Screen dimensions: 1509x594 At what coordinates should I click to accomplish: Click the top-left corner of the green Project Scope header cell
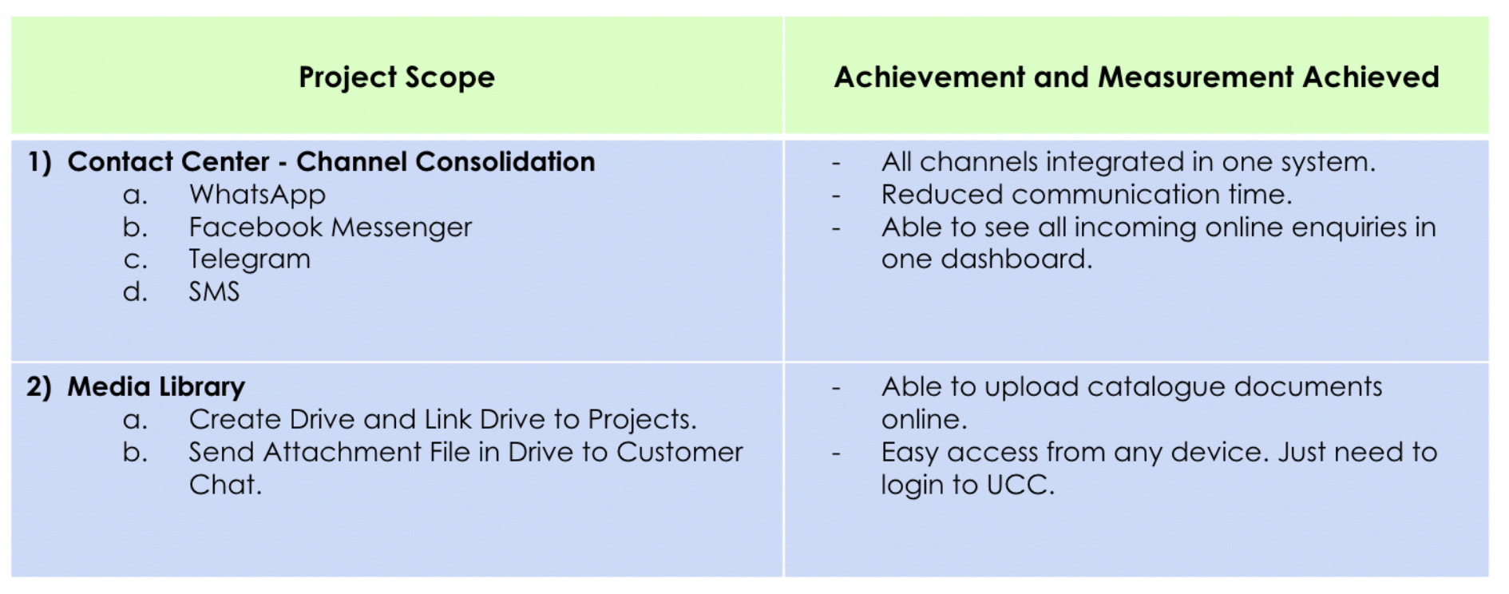click(11, 18)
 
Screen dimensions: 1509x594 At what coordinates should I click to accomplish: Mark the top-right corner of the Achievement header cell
click(1488, 18)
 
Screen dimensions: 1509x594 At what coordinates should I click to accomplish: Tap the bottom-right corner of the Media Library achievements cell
click(1488, 576)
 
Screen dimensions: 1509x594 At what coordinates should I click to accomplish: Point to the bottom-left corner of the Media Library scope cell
click(11, 576)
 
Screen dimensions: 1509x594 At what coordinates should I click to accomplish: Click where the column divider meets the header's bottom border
click(784, 137)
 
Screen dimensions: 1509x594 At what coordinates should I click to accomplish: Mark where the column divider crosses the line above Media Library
click(784, 362)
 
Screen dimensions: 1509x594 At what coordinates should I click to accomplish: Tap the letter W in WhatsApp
click(202, 194)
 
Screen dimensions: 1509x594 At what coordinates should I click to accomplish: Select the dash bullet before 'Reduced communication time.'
click(836, 195)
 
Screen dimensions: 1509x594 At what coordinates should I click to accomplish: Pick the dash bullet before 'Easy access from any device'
click(836, 453)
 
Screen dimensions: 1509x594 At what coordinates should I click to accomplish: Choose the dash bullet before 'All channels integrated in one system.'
click(836, 163)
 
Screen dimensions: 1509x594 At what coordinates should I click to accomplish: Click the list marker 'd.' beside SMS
click(135, 291)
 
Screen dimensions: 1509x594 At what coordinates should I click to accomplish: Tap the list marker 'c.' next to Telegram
click(135, 260)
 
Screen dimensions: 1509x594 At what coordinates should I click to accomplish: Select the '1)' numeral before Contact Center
click(39, 162)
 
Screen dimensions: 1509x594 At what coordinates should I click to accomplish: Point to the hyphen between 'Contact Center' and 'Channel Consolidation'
click(283, 164)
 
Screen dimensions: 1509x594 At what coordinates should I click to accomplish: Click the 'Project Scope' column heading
click(397, 77)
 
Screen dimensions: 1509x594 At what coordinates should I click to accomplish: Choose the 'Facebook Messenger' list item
click(331, 228)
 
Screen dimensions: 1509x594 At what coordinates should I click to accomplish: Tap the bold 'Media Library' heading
click(156, 387)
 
